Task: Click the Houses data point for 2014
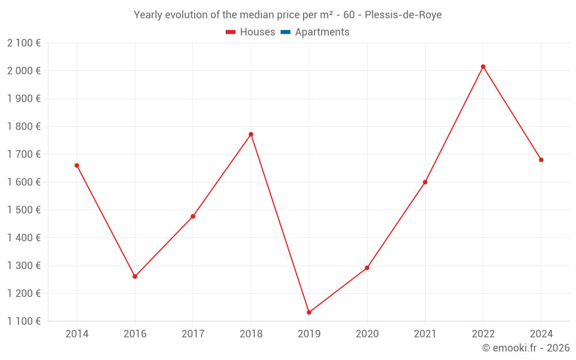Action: coord(77,165)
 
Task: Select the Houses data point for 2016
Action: coord(135,276)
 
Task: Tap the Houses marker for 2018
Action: coord(251,134)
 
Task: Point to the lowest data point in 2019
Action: coord(309,312)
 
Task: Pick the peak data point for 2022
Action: coord(483,67)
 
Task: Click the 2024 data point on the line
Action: coord(541,160)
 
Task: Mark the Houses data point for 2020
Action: coord(367,268)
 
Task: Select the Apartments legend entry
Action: coord(322,32)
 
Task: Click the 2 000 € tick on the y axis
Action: coord(24,71)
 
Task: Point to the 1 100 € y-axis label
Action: coord(24,321)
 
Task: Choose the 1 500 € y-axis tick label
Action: coord(24,210)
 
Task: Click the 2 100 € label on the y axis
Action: coord(24,43)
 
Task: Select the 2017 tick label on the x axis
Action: coord(193,334)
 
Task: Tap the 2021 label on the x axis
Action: coord(425,334)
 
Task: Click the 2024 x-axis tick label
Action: coord(541,334)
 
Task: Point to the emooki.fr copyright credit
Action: coord(525,348)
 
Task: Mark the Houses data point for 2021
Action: coord(425,182)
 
